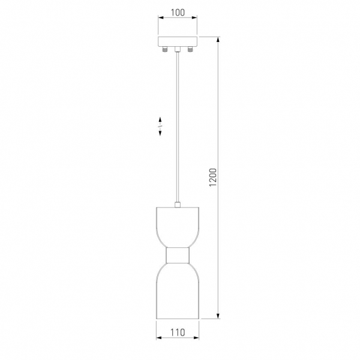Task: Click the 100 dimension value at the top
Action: tap(178, 13)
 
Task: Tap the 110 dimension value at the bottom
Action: tap(178, 332)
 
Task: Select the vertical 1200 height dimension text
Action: tap(213, 177)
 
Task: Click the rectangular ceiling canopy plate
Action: tap(178, 41)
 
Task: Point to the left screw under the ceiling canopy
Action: tap(164, 49)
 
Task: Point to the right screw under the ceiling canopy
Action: tap(190, 49)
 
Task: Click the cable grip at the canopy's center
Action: tap(178, 49)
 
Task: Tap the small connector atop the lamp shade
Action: tap(178, 205)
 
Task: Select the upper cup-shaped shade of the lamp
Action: tap(178, 227)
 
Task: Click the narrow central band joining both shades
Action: tap(178, 255)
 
